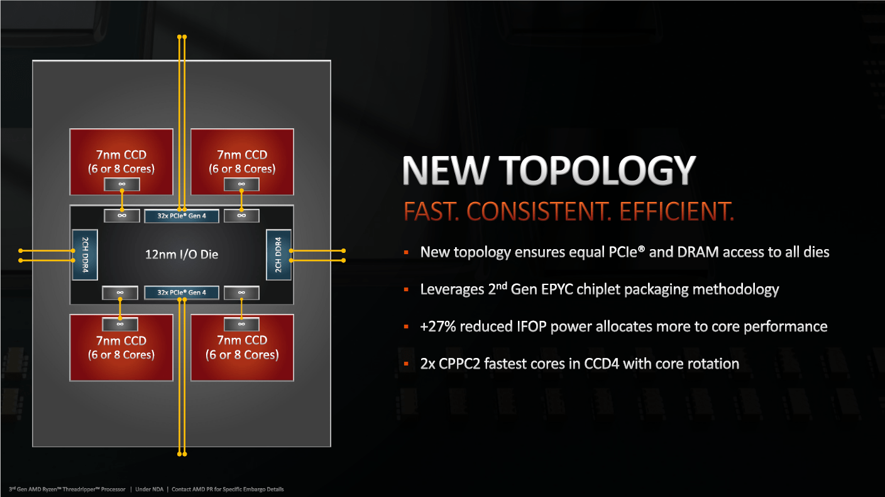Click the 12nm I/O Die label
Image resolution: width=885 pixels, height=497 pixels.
pyautogui.click(x=182, y=254)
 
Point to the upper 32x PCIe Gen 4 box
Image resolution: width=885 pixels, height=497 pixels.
pyautogui.click(x=182, y=216)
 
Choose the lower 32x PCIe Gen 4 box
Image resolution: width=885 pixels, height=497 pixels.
pyautogui.click(x=182, y=293)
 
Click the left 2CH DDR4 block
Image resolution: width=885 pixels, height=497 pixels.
pyautogui.click(x=85, y=255)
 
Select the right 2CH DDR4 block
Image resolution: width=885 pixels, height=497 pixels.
pyautogui.click(x=278, y=255)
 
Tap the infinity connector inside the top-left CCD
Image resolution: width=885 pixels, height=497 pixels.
pyautogui.click(x=122, y=184)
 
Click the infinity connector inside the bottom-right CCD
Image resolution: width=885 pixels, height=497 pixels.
pyautogui.click(x=241, y=324)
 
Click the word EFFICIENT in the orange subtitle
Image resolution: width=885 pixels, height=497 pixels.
pyautogui.click(x=676, y=211)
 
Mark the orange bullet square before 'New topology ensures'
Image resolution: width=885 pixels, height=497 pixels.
pyautogui.click(x=406, y=252)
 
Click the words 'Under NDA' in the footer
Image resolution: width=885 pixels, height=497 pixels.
pyautogui.click(x=150, y=489)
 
